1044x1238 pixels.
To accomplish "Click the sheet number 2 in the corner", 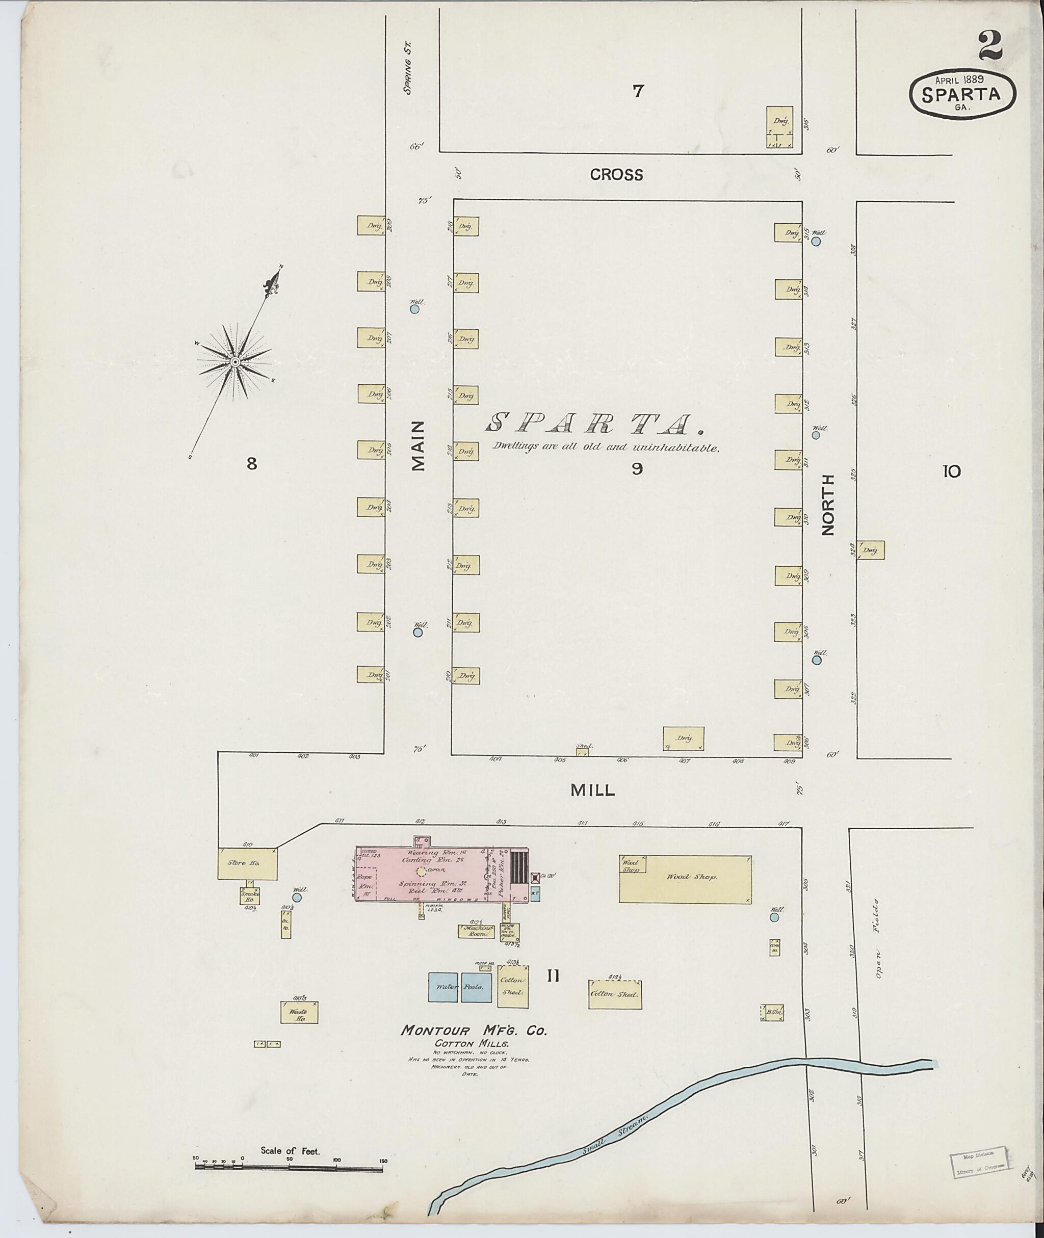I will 990,46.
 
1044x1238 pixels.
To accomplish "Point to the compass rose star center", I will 234,361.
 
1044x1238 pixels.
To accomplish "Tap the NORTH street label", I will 827,504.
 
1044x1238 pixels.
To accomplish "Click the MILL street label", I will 592,790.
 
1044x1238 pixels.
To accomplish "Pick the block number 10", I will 952,471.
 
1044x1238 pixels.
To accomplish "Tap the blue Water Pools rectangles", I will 460,987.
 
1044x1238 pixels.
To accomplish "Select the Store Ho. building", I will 247,863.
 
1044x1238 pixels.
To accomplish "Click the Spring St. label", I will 407,76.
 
